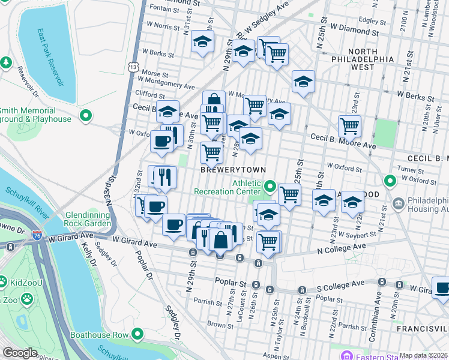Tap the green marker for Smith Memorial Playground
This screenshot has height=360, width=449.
(86, 115)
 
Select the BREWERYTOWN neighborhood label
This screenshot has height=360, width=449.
(233, 170)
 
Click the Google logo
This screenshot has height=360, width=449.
(19, 353)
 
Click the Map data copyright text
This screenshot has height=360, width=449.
(424, 355)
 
